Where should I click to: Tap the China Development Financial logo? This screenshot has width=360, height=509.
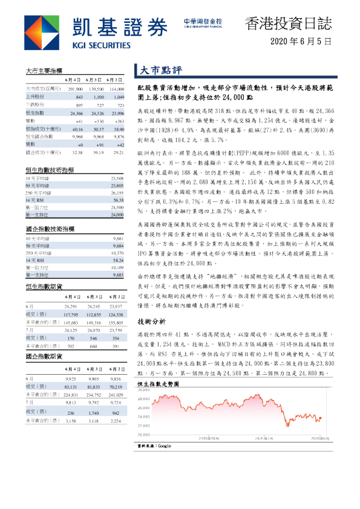pyautogui.click(x=202, y=22)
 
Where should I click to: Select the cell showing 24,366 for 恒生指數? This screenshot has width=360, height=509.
pyautogui.click(x=76, y=113)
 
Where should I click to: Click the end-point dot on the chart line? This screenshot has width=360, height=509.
pyautogui.click(x=320, y=417)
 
